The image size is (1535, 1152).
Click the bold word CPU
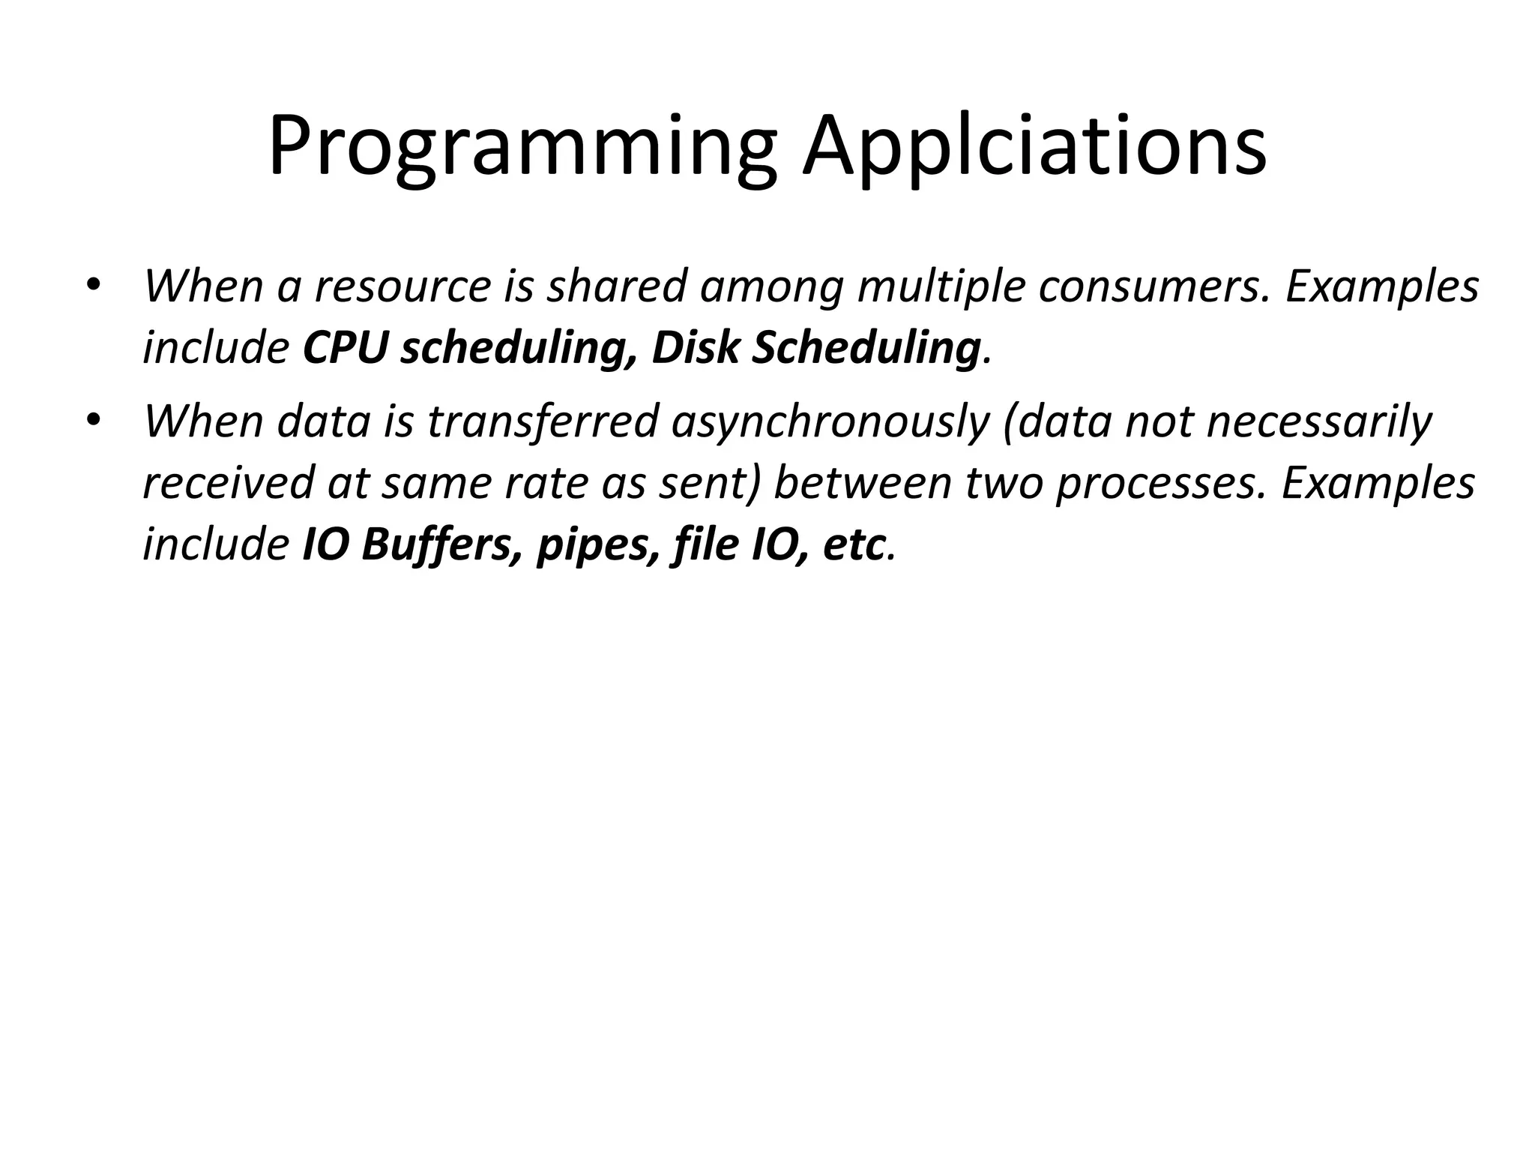pyautogui.click(x=346, y=348)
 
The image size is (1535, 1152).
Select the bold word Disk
pyautogui.click(x=695, y=348)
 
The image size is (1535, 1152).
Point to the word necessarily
pyautogui.click(x=1320, y=421)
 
